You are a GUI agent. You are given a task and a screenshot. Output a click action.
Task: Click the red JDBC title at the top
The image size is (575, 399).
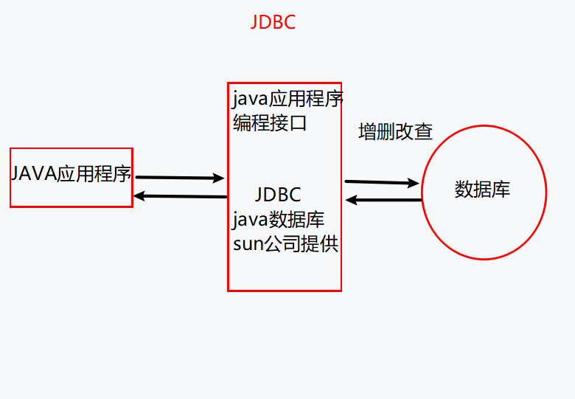273,22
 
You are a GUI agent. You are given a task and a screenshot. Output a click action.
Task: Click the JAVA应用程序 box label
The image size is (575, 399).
71,175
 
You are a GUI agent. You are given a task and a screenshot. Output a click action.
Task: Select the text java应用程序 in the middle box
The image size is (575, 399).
287,98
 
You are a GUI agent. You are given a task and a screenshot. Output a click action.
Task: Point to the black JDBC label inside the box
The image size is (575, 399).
278,195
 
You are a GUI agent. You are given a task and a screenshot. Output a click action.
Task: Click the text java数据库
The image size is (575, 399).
278,220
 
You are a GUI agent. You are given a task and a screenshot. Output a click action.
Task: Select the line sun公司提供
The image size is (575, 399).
285,244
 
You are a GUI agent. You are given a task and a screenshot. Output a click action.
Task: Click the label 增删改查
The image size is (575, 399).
395,132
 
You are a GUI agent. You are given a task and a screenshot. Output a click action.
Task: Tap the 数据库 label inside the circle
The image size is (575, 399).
482,190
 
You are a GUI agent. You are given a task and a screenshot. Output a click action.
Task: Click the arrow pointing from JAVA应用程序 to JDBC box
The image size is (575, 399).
180,178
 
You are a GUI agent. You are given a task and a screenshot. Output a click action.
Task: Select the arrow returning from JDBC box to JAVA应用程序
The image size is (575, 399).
180,196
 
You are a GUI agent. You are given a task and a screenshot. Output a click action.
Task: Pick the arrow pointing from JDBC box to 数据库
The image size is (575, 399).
381,181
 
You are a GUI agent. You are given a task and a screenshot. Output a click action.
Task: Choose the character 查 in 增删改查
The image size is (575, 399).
423,132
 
